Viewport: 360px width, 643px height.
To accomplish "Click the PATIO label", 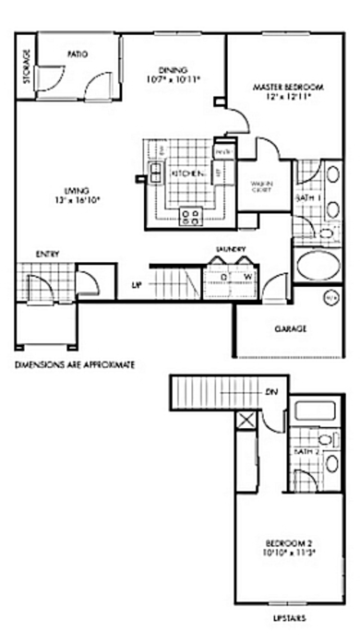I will coord(78,54).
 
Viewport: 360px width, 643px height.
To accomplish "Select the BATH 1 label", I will coord(307,198).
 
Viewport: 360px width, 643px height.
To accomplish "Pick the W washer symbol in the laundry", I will coord(247,276).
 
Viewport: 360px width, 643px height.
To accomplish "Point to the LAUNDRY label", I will coord(228,249).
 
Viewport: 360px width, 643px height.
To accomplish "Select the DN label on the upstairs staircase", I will coord(271,393).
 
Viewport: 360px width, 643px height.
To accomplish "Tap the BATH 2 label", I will coord(306,452).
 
